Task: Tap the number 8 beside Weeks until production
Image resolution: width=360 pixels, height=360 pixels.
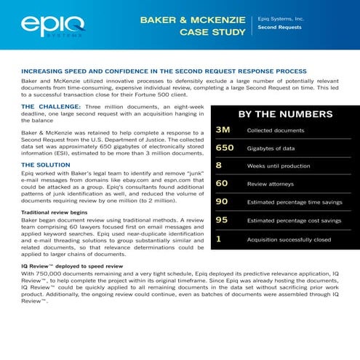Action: (219, 166)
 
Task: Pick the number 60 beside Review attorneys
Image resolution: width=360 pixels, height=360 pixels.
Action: (222, 184)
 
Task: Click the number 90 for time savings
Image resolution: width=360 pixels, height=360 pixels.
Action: (222, 202)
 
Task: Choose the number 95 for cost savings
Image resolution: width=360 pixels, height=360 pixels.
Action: (222, 220)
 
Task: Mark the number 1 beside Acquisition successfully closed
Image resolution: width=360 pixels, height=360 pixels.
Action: (219, 239)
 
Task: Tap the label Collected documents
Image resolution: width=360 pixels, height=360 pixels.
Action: (276, 131)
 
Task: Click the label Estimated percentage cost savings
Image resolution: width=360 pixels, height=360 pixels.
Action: (294, 221)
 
